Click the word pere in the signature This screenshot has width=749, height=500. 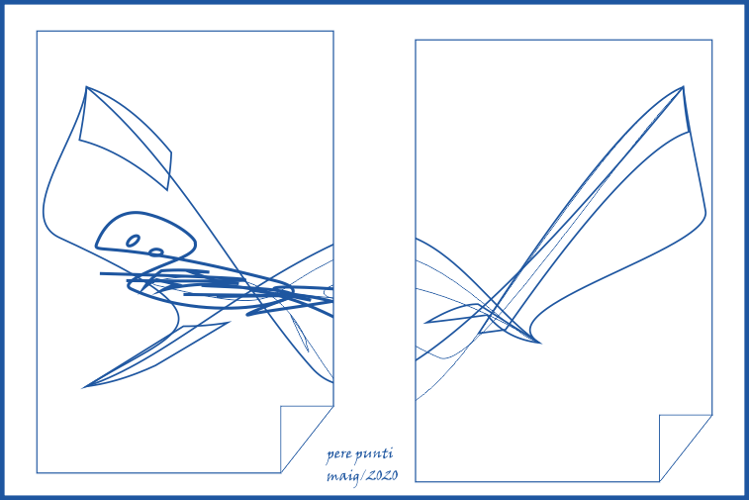[339, 454]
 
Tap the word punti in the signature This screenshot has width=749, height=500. [374, 454]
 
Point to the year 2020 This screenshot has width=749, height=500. [382, 475]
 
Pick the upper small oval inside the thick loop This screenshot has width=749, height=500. [133, 241]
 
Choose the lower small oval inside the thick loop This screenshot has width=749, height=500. [156, 251]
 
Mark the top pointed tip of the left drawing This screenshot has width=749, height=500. [86, 87]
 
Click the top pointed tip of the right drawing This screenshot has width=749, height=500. [683, 87]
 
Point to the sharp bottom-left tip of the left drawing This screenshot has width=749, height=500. [83, 387]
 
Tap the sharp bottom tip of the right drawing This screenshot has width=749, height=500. [540, 343]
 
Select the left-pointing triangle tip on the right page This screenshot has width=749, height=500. [424, 323]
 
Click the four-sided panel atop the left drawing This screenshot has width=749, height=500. [125, 139]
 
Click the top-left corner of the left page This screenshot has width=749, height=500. [37, 31]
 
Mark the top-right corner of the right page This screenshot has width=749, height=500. [712, 41]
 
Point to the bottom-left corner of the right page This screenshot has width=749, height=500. [416, 482]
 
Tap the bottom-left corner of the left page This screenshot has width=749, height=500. [37, 473]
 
